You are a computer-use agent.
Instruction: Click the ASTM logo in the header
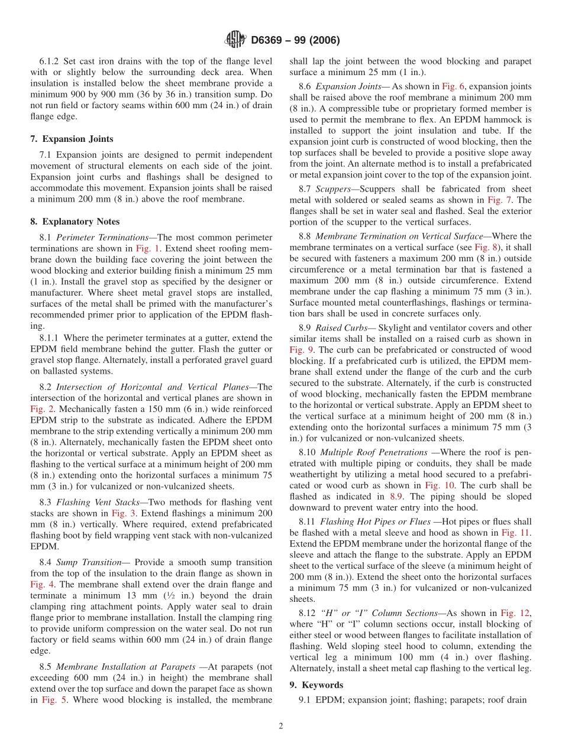tap(235, 40)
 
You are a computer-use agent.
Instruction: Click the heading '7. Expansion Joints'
tap(72, 139)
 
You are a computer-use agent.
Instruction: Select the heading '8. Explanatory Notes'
tap(75, 222)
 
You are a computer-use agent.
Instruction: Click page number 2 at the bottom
tap(281, 726)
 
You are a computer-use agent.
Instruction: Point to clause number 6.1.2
tap(51, 61)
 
